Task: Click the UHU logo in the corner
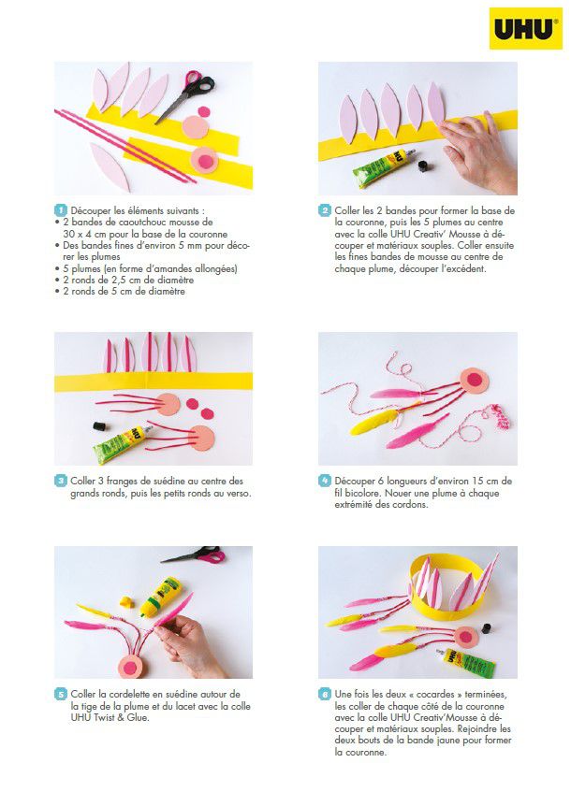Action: coord(525,28)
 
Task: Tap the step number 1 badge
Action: coord(61,210)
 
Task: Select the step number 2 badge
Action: coord(325,210)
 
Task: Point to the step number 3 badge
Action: coord(61,482)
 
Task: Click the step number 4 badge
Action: coord(325,482)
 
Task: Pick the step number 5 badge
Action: coord(61,694)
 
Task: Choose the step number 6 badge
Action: coord(325,694)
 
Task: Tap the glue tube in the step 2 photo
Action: coord(383,167)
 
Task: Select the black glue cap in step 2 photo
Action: coord(423,166)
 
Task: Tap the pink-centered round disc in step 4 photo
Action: coord(474,381)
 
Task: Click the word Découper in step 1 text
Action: coord(91,210)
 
